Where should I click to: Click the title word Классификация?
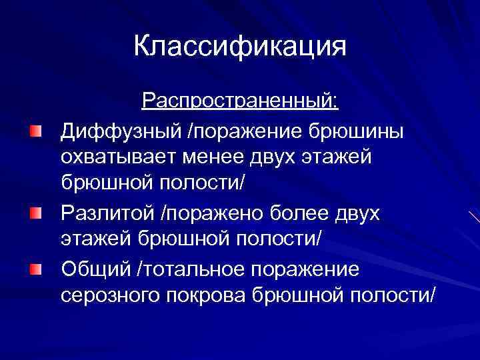pyautogui.click(x=240, y=47)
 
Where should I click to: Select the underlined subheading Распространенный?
pyautogui.click(x=240, y=102)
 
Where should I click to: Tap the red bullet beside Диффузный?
pyautogui.click(x=35, y=129)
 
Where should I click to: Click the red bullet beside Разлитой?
pyautogui.click(x=35, y=213)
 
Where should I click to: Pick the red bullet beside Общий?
pyautogui.click(x=35, y=268)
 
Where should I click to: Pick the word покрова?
pyautogui.click(x=205, y=296)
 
